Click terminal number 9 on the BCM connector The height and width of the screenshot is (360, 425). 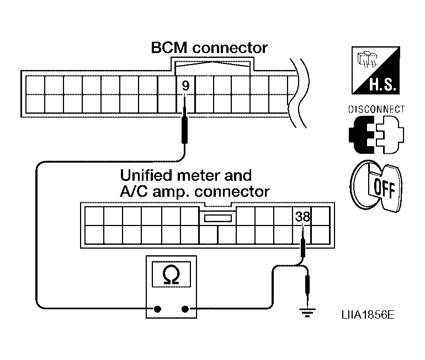point(185,86)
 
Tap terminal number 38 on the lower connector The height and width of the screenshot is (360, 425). point(302,217)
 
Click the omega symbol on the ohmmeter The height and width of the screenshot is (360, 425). point(171,275)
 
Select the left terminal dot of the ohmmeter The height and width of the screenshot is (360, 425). point(157,309)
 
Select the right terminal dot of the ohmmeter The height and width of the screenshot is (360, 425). point(185,309)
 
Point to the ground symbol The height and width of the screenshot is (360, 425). point(307,313)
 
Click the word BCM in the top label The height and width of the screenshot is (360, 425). point(169,47)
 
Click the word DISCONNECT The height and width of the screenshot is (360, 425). point(376,109)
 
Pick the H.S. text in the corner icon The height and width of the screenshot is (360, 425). point(382,84)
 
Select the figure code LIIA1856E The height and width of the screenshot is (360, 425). point(368,315)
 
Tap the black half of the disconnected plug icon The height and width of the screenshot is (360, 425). point(362,135)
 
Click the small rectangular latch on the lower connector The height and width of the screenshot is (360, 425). point(218,218)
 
